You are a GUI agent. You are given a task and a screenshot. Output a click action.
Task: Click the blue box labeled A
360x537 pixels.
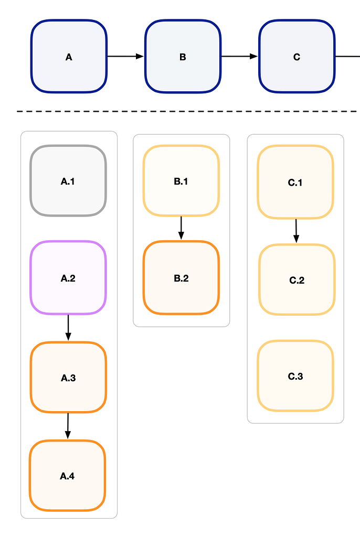69,57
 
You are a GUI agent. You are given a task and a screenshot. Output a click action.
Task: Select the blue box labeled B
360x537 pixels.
182,57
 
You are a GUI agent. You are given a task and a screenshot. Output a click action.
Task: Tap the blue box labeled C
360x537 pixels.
297,57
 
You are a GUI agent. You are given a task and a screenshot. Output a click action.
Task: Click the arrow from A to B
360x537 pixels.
125,56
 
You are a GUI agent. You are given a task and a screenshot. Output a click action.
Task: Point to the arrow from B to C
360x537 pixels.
239,56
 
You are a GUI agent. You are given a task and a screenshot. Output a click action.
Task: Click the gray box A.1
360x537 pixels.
68,181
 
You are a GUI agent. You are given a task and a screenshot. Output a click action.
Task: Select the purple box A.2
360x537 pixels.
68,278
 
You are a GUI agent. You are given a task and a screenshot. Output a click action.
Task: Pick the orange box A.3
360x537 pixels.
68,378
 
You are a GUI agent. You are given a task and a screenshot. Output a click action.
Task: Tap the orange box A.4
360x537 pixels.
68,476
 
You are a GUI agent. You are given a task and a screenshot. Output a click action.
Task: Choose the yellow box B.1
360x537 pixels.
181,181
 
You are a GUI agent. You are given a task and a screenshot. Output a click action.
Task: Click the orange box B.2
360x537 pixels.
181,278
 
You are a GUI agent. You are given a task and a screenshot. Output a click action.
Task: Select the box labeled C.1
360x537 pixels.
295,182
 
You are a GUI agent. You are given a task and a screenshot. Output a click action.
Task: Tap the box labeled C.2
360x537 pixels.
297,280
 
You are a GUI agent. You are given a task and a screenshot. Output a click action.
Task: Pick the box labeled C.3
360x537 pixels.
295,376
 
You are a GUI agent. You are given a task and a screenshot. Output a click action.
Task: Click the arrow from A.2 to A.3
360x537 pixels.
68,328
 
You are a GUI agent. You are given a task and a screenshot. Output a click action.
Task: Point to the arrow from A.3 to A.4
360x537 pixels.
68,426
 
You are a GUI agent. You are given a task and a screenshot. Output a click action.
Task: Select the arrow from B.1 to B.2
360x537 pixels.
181,228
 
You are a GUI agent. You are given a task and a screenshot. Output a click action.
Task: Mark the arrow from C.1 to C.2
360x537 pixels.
296,231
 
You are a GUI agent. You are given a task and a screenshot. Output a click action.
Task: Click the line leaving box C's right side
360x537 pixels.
347,56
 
